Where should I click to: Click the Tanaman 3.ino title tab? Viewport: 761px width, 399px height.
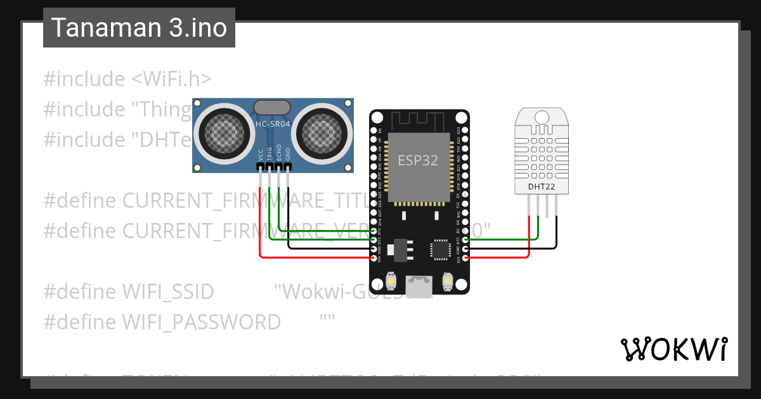[x=139, y=28]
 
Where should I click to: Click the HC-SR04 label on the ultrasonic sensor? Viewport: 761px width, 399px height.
[x=272, y=124]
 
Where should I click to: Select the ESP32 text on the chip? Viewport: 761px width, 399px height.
[x=418, y=160]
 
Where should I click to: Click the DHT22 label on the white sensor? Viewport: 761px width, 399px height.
[x=541, y=187]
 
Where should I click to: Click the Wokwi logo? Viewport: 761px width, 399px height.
[x=673, y=349]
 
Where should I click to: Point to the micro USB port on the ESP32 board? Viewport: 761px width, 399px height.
[x=419, y=286]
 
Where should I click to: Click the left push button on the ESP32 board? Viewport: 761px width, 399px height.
[x=391, y=281]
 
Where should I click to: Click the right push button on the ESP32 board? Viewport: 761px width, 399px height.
[x=447, y=281]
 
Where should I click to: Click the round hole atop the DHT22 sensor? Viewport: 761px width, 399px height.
[x=542, y=117]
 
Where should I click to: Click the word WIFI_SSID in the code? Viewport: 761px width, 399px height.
[x=167, y=292]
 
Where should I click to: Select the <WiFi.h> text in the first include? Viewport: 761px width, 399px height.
[x=172, y=79]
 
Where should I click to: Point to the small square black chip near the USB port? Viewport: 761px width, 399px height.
[x=441, y=249]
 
